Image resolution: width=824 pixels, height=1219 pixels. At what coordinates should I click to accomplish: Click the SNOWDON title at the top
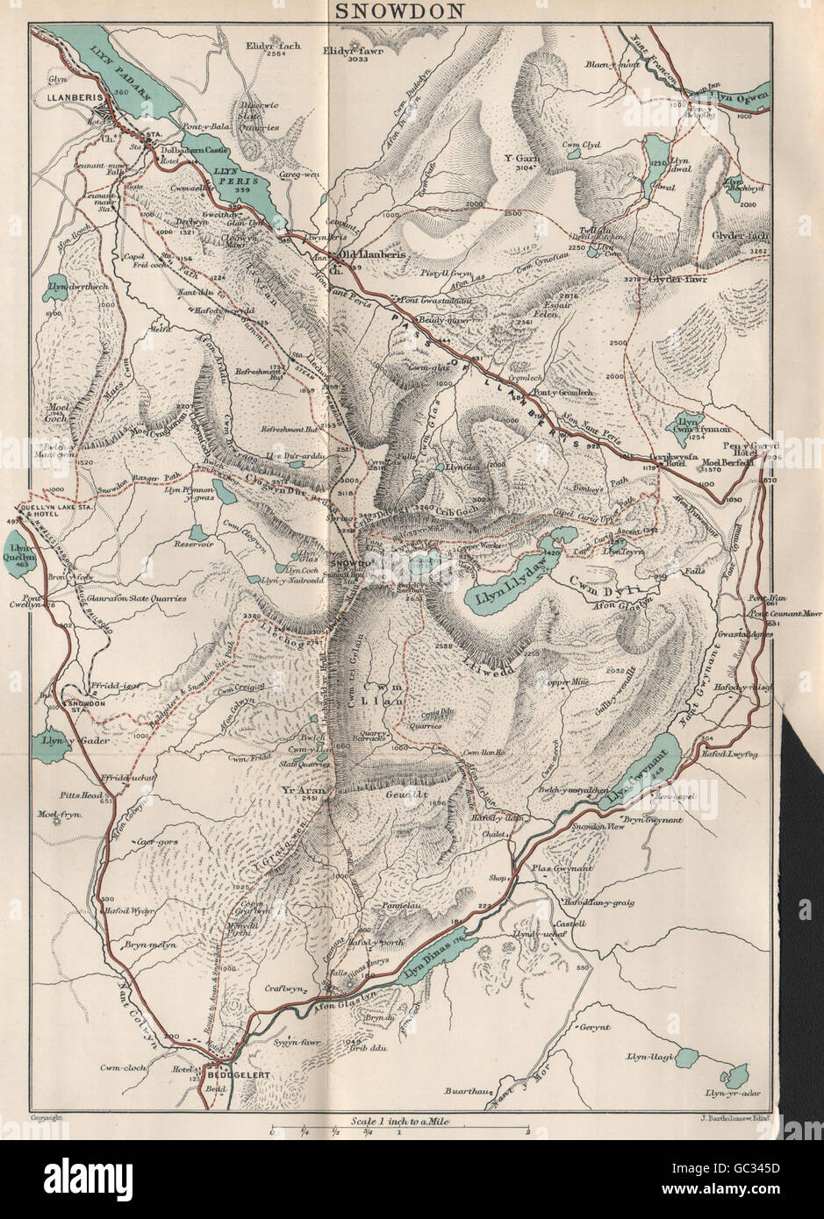(412, 11)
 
